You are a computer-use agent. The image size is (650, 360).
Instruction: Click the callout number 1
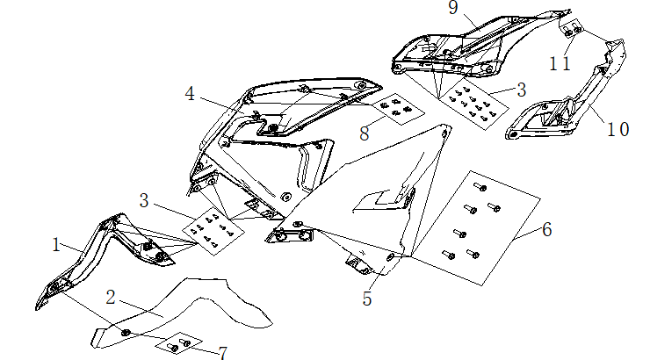[x=56, y=245]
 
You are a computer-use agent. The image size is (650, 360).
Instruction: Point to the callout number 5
[x=367, y=299]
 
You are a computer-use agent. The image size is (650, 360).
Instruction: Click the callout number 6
[x=546, y=230]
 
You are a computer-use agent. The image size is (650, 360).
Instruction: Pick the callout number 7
[x=223, y=353]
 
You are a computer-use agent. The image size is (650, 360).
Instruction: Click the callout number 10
[x=617, y=129]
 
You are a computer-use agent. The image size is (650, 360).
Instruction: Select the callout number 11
[x=560, y=63]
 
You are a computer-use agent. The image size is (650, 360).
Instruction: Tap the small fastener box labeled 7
[x=185, y=342]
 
